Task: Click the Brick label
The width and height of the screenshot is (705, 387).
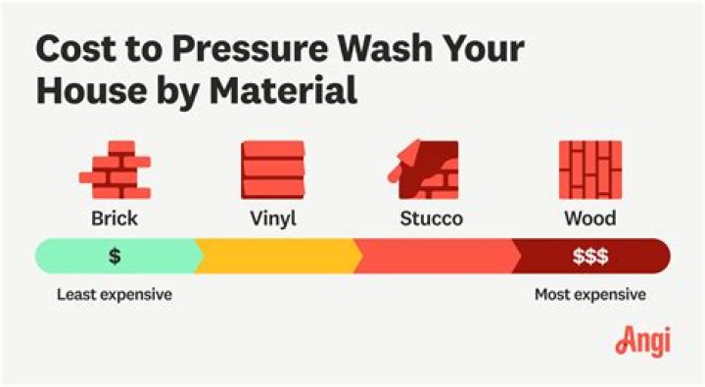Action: click(115, 218)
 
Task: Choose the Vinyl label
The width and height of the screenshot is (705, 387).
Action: click(272, 218)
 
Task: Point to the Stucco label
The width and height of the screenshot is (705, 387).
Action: click(431, 218)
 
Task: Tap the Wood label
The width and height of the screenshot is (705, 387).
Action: click(589, 218)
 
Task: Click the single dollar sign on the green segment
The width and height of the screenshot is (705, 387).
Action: click(115, 257)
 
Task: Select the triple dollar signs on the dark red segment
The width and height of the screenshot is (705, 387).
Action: click(589, 257)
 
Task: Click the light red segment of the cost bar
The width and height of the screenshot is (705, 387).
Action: click(436, 257)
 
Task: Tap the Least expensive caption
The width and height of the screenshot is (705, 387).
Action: click(115, 294)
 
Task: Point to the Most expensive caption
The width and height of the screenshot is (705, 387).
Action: click(589, 294)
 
